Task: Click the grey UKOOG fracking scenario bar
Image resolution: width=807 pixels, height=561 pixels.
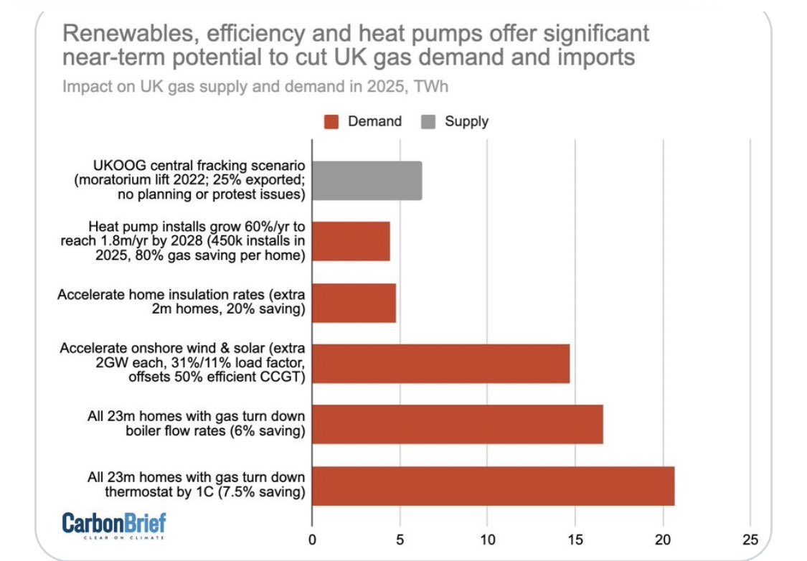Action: [x=367, y=181]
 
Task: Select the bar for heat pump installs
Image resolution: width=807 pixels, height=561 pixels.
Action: [x=351, y=241]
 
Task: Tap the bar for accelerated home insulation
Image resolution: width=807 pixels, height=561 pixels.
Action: [x=354, y=303]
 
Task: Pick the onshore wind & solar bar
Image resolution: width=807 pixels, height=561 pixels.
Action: [x=440, y=364]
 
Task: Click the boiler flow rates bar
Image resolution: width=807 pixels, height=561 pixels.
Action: [x=457, y=424]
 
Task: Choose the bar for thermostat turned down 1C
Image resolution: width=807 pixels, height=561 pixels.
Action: [x=493, y=486]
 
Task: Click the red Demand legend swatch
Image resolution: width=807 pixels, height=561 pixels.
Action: [x=332, y=121]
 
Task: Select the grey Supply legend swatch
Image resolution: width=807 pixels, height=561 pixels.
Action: [x=428, y=121]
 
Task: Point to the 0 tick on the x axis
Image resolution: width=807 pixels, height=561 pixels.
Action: [x=312, y=539]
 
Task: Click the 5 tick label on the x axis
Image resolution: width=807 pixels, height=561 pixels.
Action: [x=400, y=539]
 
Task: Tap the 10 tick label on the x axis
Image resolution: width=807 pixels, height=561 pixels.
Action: [x=487, y=539]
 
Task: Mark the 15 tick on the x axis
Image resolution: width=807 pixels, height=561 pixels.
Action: [x=575, y=539]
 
